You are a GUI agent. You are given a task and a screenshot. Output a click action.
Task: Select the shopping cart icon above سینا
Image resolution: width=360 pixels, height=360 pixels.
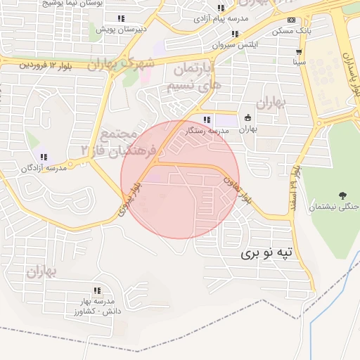tap(300, 51)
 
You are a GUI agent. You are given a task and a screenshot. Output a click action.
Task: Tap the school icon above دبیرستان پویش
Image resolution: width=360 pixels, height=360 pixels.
tap(121, 18)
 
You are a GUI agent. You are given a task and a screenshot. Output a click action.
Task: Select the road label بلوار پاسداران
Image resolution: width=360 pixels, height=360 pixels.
tap(349, 70)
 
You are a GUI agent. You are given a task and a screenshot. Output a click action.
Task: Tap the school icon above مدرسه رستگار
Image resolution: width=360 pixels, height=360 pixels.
tap(207, 120)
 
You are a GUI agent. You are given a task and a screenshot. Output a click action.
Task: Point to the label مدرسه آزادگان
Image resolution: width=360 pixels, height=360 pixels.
tap(43, 168)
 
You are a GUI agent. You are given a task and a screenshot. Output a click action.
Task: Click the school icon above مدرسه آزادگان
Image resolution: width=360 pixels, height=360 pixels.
tap(43, 156)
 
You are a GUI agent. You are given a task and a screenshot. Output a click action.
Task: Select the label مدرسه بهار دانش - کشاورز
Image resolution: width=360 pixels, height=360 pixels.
tap(97, 306)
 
